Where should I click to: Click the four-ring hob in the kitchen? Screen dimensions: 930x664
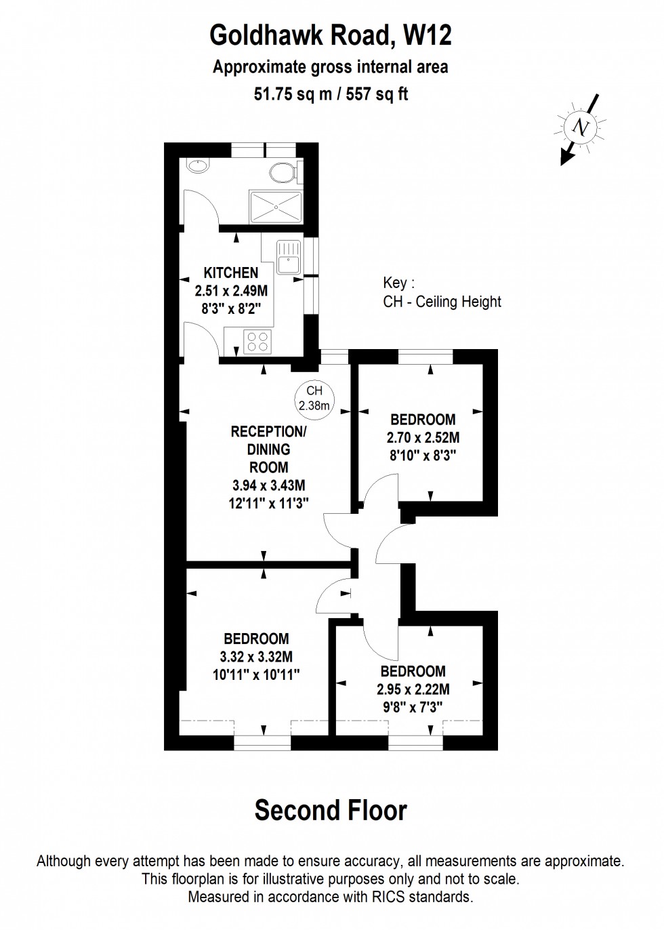click(x=257, y=341)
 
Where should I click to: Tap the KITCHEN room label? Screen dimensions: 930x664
click(x=231, y=272)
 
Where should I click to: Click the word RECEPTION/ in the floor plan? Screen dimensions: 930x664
click(x=268, y=432)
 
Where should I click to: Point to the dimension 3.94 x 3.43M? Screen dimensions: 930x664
click(x=268, y=485)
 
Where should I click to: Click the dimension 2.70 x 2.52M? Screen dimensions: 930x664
click(x=423, y=437)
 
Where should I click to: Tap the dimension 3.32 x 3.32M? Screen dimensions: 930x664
click(x=256, y=656)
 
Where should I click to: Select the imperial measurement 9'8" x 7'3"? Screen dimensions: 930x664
click(x=413, y=707)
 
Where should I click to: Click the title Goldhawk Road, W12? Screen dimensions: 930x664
click(x=331, y=35)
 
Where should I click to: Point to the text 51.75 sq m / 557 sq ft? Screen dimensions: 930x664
click(x=331, y=94)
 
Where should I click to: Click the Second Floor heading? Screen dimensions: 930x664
click(x=331, y=810)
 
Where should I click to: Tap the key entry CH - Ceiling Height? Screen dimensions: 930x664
click(x=442, y=302)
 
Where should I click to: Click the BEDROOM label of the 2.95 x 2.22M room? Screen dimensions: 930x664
click(x=413, y=671)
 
